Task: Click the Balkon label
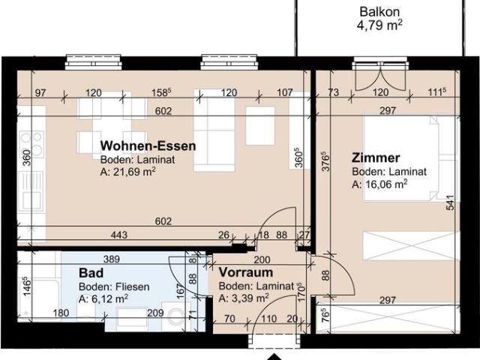click(379, 11)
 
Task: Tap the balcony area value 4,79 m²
click(379, 24)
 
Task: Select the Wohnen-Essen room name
click(148, 145)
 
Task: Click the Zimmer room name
click(376, 157)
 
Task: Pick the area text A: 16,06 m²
click(379, 184)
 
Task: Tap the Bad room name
click(91, 274)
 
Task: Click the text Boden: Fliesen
click(115, 286)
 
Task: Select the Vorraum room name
click(245, 273)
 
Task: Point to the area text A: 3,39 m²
click(244, 298)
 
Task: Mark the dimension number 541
click(450, 203)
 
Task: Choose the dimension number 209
click(155, 313)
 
